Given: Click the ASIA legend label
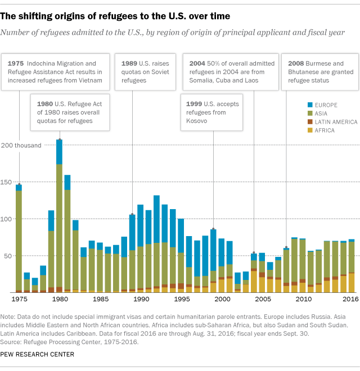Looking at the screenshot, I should pyautogui.click(x=326, y=114).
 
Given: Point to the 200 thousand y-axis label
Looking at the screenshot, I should pyautogui.click(x=21, y=146).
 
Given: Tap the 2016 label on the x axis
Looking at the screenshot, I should pyautogui.click(x=351, y=300).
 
